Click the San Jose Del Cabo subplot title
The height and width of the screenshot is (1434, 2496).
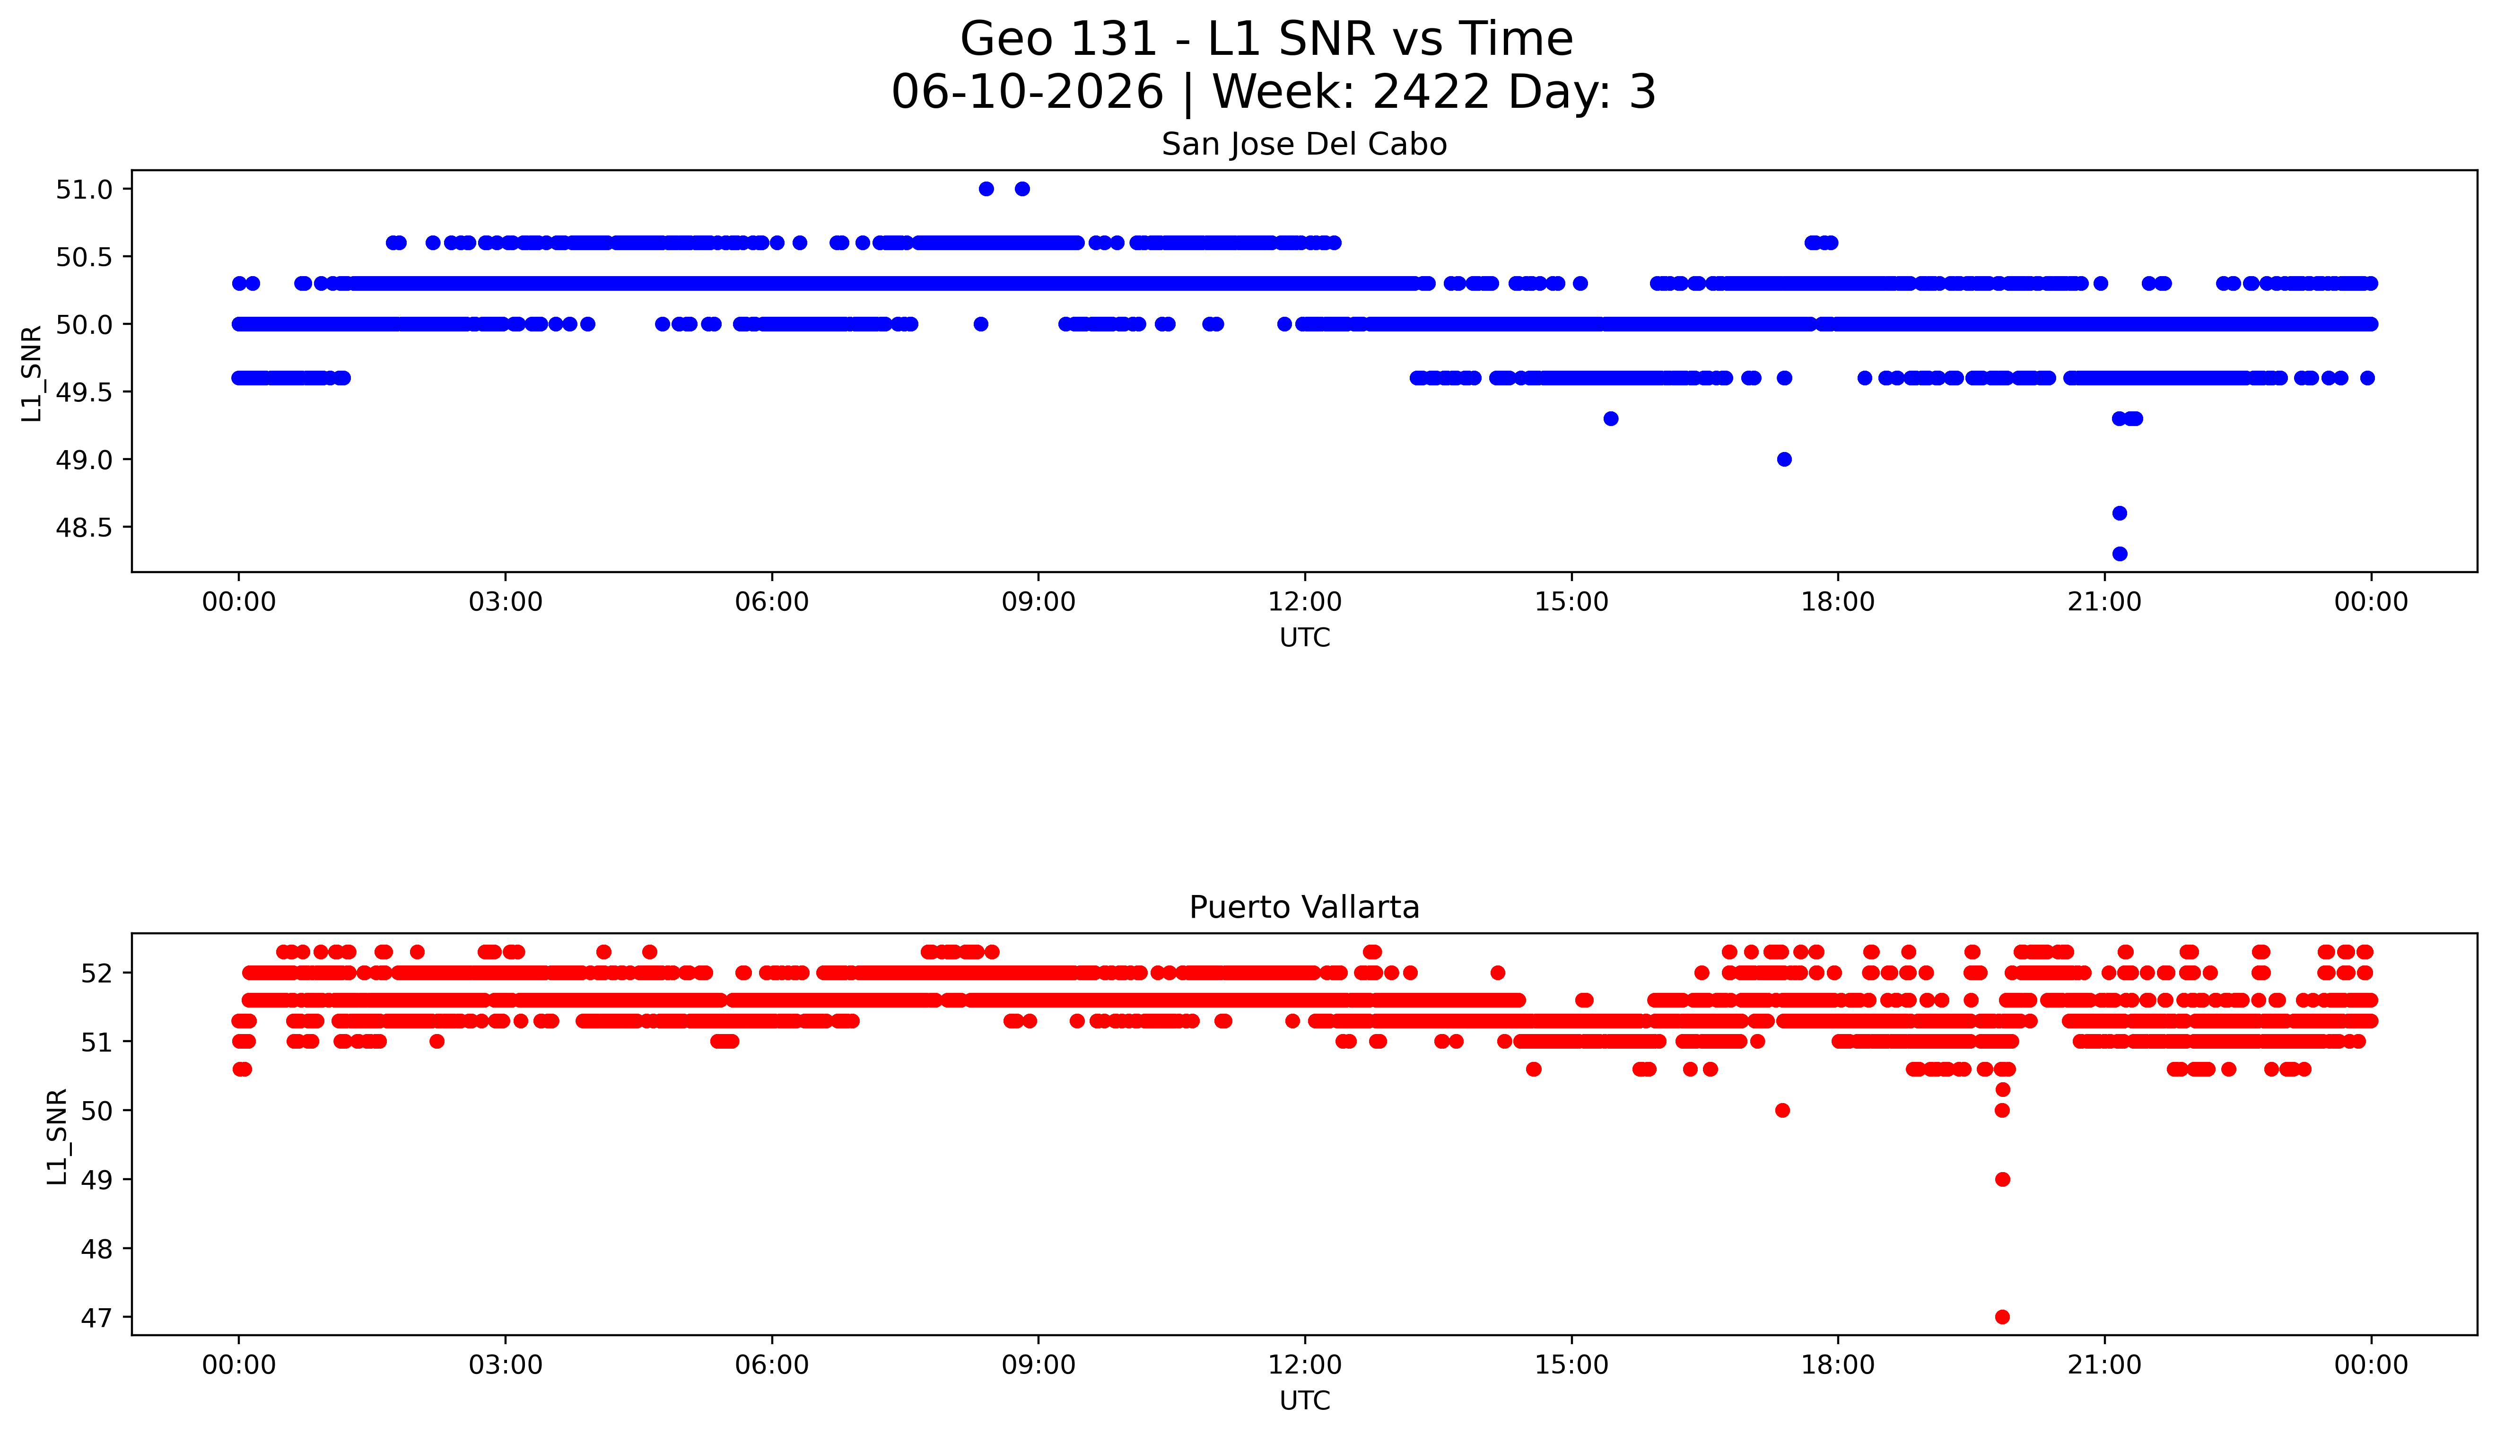tap(1304, 145)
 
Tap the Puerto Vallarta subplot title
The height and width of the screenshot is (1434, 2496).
tap(1304, 907)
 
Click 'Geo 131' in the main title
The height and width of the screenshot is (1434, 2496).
tap(1059, 39)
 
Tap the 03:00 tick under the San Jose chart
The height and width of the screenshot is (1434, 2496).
tap(506, 602)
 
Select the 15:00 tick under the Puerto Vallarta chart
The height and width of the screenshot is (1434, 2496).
tap(1571, 1365)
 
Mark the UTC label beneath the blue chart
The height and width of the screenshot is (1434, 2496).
tap(1304, 638)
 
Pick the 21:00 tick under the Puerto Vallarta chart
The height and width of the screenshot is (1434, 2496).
tap(2104, 1365)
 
